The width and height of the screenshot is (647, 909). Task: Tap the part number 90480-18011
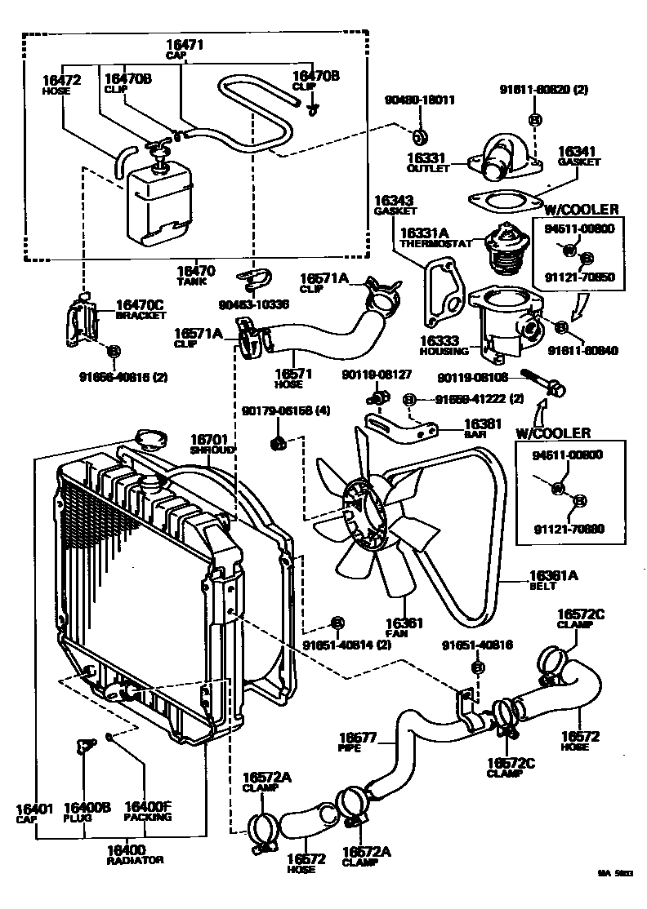coord(420,100)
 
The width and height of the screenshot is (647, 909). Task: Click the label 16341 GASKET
coord(578,156)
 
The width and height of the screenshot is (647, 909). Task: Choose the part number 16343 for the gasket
coord(394,200)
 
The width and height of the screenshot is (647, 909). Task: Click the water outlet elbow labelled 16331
coord(498,158)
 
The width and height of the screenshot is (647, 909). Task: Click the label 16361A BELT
coord(553,580)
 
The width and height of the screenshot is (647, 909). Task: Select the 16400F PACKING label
coord(147,812)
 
